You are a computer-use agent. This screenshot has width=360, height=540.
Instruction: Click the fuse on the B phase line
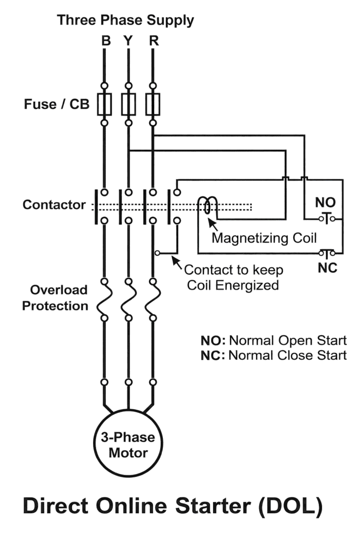[104, 103]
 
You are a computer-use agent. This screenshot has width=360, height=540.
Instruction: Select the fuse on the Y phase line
[128, 103]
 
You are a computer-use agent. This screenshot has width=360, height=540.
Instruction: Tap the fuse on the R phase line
[152, 103]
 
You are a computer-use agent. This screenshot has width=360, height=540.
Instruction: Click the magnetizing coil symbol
[208, 206]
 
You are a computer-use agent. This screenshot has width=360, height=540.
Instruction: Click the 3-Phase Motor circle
[128, 446]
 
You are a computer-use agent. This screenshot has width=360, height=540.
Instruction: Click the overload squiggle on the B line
[104, 299]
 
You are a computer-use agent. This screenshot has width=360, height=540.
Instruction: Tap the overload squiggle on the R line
[152, 299]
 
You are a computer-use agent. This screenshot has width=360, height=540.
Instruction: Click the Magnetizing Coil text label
[264, 238]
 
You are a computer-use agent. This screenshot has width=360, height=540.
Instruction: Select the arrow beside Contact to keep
[178, 262]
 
